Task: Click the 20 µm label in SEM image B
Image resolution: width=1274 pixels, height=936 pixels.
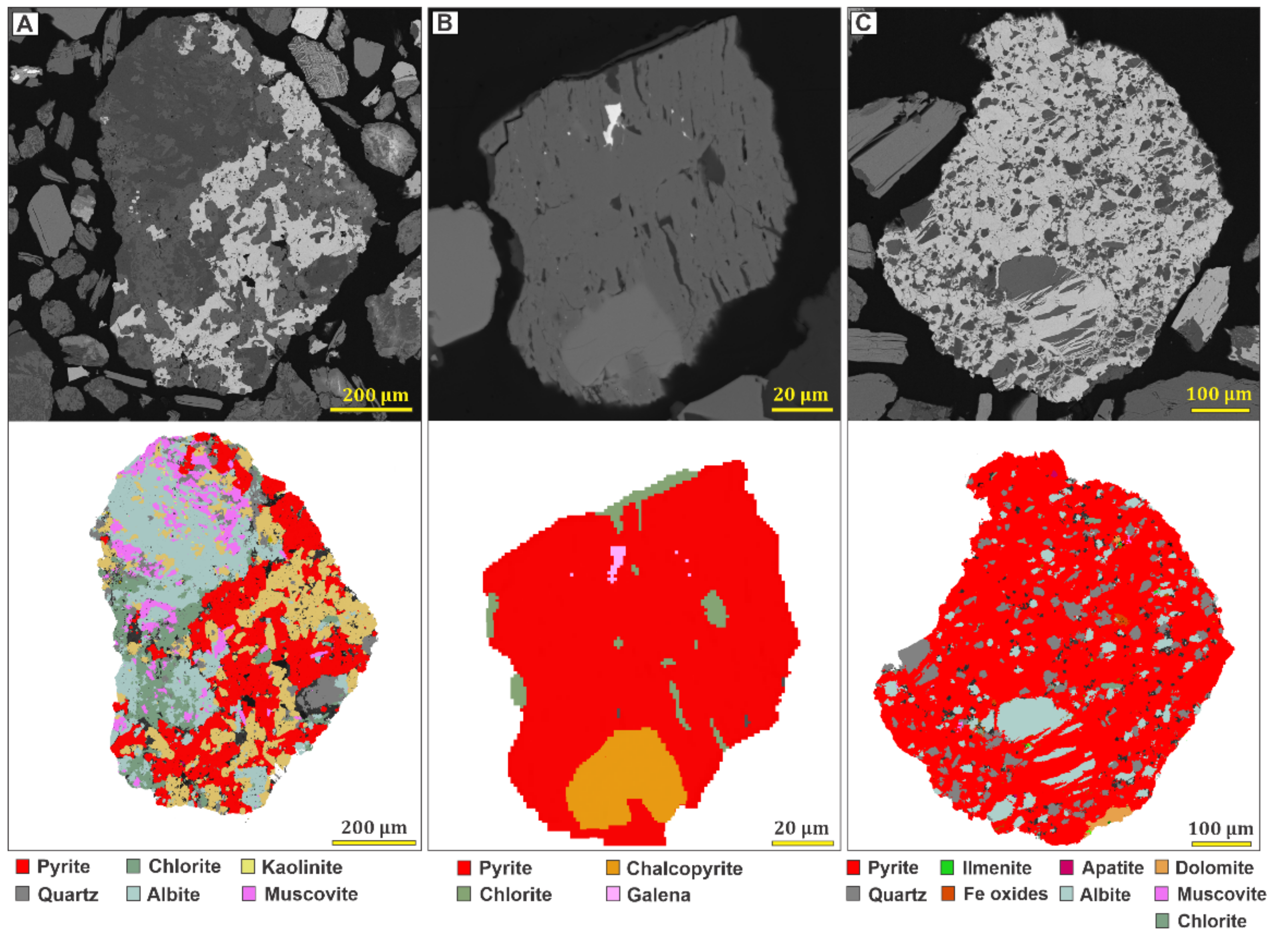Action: (x=800, y=394)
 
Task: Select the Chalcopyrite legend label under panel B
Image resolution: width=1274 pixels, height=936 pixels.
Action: (x=684, y=868)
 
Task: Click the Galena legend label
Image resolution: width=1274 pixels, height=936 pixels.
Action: (x=658, y=895)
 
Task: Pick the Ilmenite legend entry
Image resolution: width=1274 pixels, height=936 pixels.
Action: (x=996, y=867)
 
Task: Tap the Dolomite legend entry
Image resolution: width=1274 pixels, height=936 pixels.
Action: (x=1214, y=867)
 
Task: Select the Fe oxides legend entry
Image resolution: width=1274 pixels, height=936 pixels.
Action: (x=1005, y=894)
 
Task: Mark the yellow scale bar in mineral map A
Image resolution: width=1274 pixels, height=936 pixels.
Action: (x=374, y=843)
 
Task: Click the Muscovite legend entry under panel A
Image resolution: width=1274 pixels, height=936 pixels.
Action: (x=310, y=894)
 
